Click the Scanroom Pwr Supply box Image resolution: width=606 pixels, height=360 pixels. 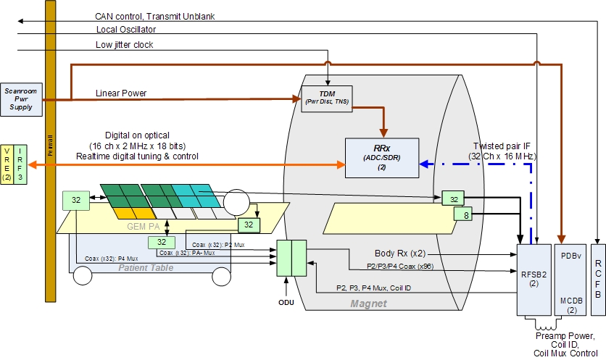click(19, 98)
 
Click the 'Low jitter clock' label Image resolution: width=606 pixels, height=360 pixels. click(124, 45)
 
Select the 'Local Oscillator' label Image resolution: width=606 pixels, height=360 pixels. click(125, 29)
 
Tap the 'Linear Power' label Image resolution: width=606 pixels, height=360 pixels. click(122, 93)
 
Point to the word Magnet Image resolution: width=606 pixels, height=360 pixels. click(369, 303)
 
